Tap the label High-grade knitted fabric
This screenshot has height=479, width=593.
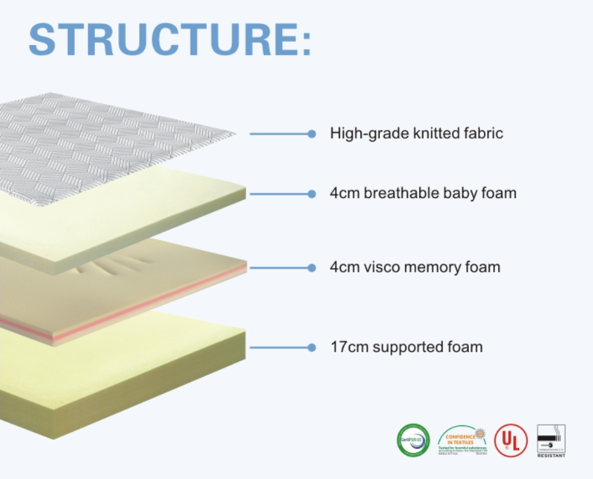pyautogui.click(x=417, y=133)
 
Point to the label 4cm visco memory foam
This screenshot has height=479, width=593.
pyautogui.click(x=415, y=267)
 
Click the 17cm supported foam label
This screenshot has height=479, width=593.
pyautogui.click(x=406, y=347)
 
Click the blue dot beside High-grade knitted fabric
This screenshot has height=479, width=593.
pyautogui.click(x=312, y=133)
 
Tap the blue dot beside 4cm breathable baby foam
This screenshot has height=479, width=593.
pyautogui.click(x=312, y=193)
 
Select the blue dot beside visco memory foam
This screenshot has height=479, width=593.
pyautogui.click(x=312, y=267)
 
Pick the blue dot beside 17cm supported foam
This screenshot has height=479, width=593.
pyautogui.click(x=312, y=347)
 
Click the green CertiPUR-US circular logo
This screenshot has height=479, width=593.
pyautogui.click(x=413, y=440)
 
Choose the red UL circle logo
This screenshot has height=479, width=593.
pyautogui.click(x=510, y=440)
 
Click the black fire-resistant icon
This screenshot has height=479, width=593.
pyautogui.click(x=551, y=436)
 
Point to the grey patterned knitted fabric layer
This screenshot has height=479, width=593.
pyautogui.click(x=98, y=144)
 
